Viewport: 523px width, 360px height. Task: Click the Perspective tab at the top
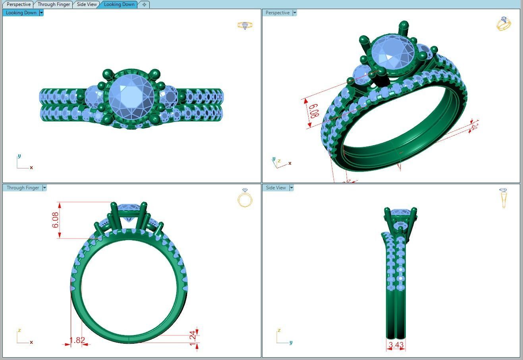[x=18, y=4]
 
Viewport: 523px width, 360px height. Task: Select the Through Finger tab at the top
[x=54, y=4]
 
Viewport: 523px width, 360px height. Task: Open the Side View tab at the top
[x=87, y=4]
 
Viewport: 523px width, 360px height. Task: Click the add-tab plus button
[x=144, y=4]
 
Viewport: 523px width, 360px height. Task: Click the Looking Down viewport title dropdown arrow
[x=41, y=13]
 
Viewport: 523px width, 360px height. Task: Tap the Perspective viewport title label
[x=277, y=13]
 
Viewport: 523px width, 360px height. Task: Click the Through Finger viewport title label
[x=23, y=188]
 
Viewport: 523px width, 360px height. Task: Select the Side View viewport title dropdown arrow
[x=291, y=188]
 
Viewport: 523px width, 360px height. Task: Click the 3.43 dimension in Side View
[x=396, y=345]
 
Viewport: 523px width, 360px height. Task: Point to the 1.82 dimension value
[x=77, y=340]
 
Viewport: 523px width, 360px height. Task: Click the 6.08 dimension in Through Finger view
[x=55, y=220]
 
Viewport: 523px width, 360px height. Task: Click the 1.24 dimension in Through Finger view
[x=193, y=336]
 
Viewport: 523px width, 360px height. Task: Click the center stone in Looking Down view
[x=131, y=96]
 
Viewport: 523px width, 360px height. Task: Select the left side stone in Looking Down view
[x=95, y=96]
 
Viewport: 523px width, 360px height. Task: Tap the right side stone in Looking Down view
[x=168, y=96]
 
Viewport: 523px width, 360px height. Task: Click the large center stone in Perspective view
[x=392, y=54]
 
